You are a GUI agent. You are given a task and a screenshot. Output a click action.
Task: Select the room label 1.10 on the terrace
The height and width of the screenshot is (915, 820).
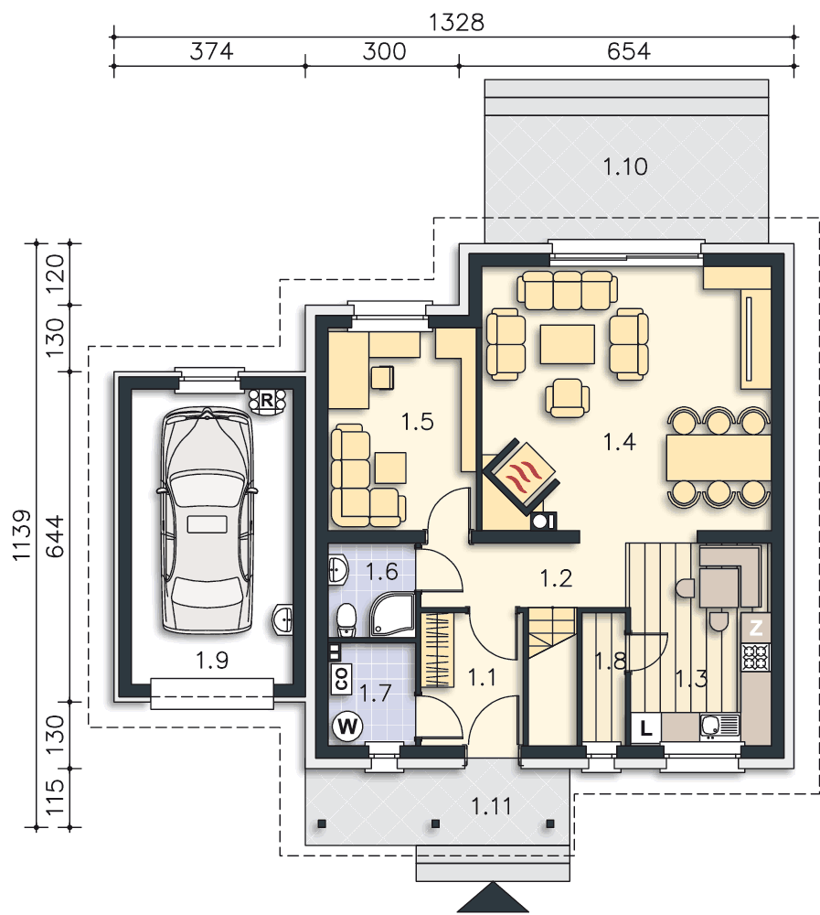pos(624,167)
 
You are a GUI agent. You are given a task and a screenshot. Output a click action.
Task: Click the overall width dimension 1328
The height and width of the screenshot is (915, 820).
pos(456,23)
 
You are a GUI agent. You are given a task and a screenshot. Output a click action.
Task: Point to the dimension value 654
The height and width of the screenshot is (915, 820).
pos(628,51)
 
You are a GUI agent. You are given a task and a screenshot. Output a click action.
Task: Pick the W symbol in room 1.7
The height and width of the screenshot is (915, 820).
pos(347,727)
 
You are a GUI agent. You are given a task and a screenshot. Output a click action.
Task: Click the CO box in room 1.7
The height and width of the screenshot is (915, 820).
pos(341,679)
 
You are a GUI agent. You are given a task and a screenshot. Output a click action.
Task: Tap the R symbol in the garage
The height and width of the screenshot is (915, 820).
pos(267,401)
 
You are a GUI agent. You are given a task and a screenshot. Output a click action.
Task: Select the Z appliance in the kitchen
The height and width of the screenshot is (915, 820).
pos(756,628)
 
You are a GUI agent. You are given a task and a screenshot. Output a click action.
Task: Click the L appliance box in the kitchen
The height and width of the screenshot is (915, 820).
pos(646,728)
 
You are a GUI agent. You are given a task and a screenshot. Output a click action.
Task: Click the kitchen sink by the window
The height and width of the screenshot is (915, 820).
pos(719,727)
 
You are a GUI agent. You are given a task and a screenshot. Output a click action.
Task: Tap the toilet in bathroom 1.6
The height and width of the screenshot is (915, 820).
pos(346,619)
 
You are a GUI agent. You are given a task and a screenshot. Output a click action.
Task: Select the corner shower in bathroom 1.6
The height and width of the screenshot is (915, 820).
pos(392,614)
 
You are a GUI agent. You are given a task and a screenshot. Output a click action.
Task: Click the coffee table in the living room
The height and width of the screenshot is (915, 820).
pos(568,344)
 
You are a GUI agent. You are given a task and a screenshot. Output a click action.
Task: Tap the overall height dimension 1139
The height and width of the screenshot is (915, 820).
pos(22,535)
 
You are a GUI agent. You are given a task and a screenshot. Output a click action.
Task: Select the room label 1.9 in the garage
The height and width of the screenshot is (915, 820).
pos(211,662)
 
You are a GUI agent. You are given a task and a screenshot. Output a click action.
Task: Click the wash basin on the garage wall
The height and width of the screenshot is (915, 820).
pos(283,619)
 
